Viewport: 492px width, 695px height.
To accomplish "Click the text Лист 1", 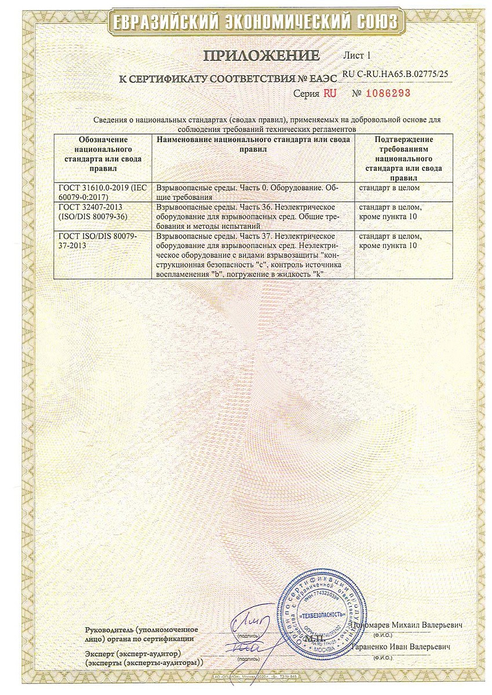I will point(356,56).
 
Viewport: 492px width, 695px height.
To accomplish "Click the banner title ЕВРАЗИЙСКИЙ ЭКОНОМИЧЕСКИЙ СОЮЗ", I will point(246,22).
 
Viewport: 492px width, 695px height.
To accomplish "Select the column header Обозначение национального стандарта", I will point(103,153).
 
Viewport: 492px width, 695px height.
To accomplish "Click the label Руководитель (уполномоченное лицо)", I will point(141,634).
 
